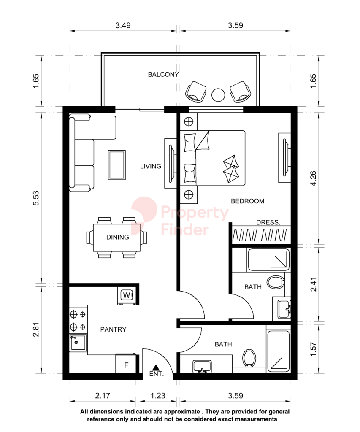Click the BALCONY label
(x=163, y=74)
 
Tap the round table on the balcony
(x=218, y=95)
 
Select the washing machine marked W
(x=127, y=295)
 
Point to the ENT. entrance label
(x=156, y=374)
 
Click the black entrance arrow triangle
(x=156, y=367)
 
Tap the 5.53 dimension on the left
(x=36, y=198)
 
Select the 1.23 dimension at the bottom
(x=158, y=396)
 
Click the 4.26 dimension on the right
(x=314, y=178)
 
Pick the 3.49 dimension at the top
(x=123, y=25)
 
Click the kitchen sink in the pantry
(x=78, y=343)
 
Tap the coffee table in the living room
(x=117, y=165)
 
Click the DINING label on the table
(x=118, y=237)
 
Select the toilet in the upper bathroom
(x=275, y=282)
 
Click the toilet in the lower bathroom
(x=249, y=358)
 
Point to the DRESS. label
(x=268, y=222)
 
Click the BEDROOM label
(x=248, y=201)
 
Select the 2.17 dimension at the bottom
(x=103, y=396)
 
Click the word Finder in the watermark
(x=185, y=230)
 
